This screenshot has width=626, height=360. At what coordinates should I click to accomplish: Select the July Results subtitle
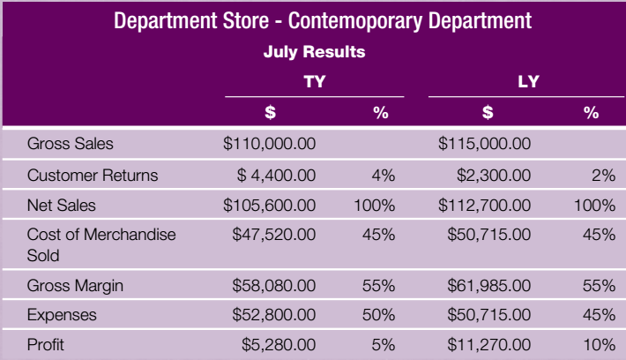314,52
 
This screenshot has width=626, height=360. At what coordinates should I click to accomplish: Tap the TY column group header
314,83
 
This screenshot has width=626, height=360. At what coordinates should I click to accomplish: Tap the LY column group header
528,83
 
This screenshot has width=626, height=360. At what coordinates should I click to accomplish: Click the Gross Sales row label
71,143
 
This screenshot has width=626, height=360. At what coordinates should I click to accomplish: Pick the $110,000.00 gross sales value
269,143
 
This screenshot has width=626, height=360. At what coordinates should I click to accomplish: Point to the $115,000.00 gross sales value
484,143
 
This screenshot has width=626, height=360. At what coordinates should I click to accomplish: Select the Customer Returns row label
93,175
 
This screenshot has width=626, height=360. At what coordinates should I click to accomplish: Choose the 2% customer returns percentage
603,175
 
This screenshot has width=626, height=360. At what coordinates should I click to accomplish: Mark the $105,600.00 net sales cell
269,206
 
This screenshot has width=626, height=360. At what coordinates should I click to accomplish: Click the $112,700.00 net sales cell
484,206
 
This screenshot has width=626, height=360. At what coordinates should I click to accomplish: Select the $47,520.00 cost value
273,235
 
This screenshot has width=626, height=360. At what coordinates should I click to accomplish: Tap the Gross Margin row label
75,285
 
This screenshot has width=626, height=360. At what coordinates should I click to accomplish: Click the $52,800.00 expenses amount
273,315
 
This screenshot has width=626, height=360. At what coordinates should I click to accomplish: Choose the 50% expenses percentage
378,315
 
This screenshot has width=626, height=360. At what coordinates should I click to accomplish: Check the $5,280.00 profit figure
279,345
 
